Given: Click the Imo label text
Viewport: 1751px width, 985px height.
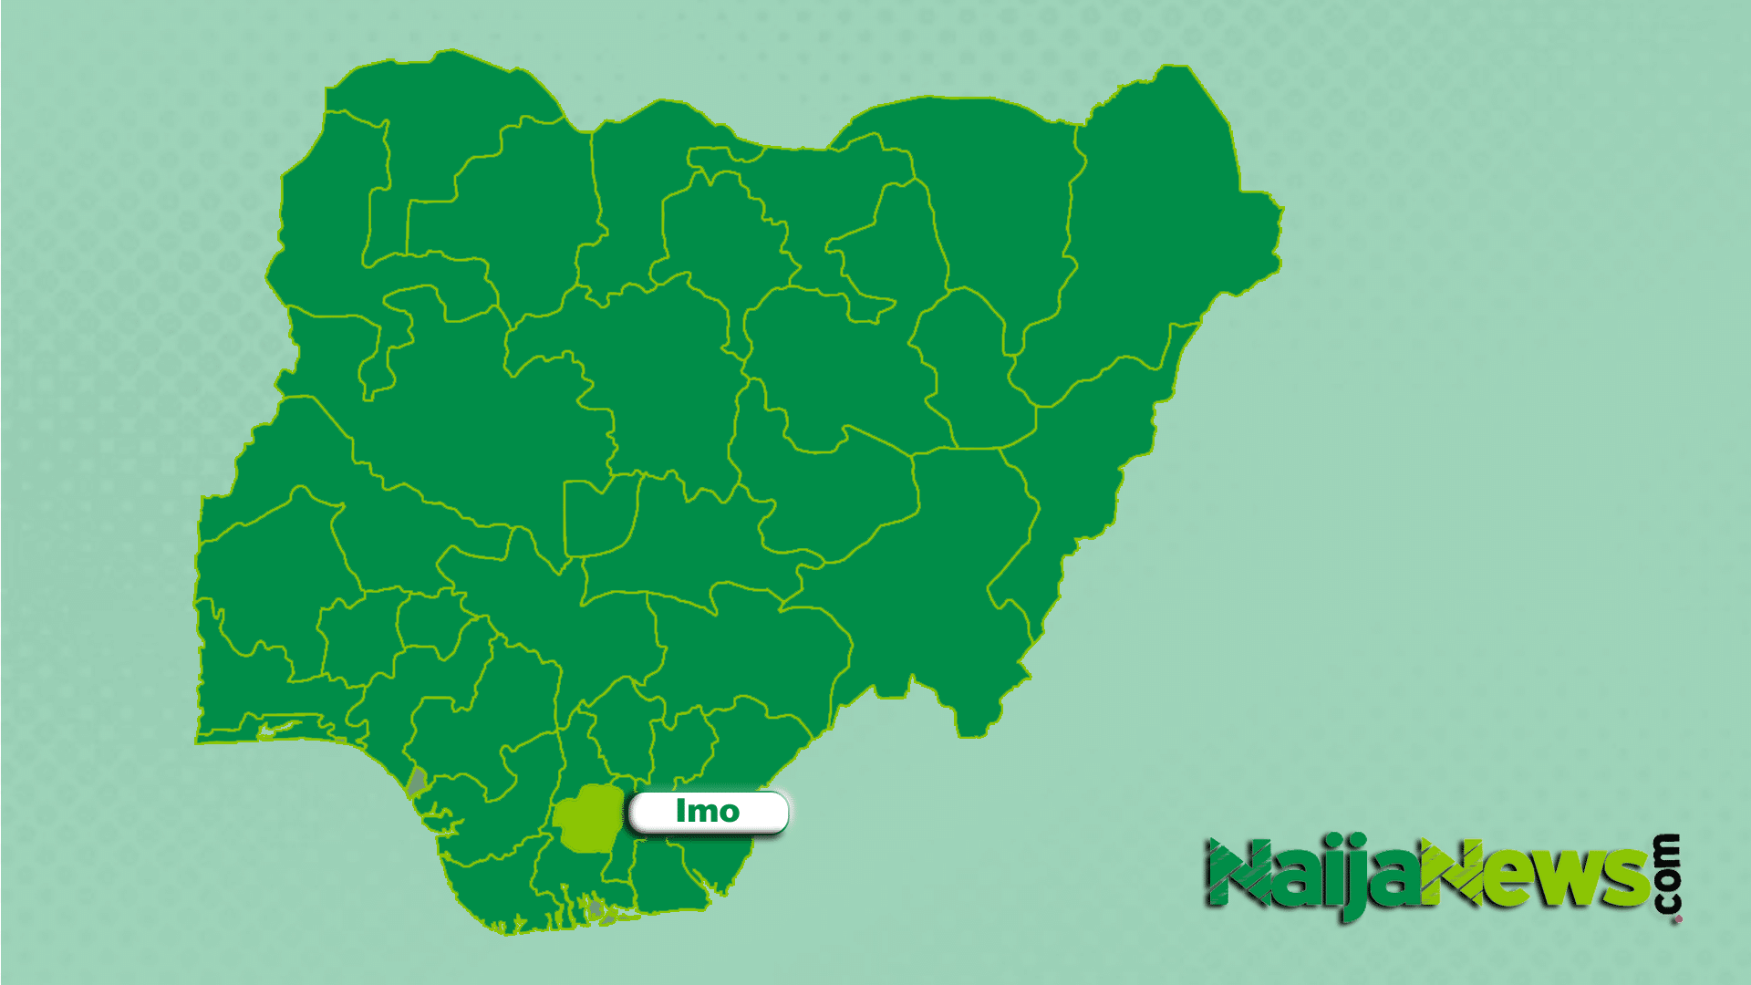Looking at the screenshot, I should [707, 811].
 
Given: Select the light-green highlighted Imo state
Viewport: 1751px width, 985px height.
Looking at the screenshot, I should [587, 819].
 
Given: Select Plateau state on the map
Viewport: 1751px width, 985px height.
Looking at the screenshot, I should [821, 483].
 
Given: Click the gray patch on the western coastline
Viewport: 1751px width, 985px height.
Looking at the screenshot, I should [417, 781].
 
